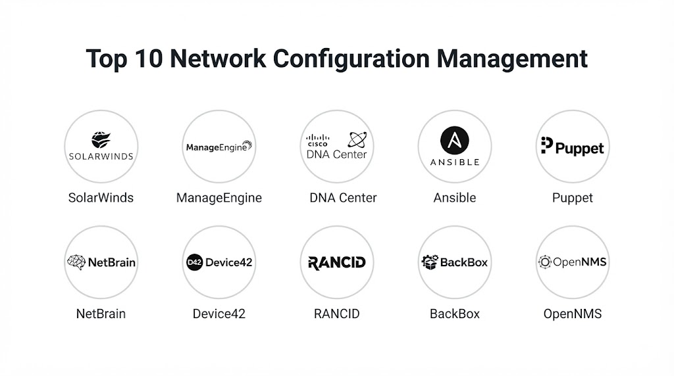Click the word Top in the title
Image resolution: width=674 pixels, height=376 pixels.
(x=107, y=59)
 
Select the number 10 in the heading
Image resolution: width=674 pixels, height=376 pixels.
(x=148, y=59)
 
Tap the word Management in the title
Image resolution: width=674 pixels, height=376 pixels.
(x=511, y=59)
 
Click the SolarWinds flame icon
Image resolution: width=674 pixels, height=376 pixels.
(x=101, y=140)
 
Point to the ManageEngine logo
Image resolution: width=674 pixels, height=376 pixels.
(x=219, y=147)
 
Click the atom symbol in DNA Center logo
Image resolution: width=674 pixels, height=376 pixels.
(x=357, y=139)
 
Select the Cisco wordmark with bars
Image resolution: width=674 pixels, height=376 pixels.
(x=318, y=141)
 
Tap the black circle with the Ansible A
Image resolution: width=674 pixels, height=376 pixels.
(x=455, y=141)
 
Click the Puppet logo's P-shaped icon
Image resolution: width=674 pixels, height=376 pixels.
(x=547, y=145)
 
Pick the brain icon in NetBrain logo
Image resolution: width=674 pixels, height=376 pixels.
(x=76, y=262)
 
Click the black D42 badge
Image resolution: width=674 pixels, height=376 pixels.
(x=194, y=262)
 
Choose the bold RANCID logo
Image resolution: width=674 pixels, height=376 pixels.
(x=337, y=263)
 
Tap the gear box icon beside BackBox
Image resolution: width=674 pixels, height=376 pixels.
(x=430, y=262)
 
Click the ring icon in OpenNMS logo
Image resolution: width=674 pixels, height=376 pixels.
(x=544, y=262)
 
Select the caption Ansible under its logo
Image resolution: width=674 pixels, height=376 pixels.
(x=455, y=197)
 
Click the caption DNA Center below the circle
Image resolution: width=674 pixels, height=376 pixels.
(x=343, y=197)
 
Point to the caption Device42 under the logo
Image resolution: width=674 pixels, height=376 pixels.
(x=219, y=314)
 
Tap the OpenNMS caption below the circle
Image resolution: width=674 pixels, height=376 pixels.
(x=573, y=314)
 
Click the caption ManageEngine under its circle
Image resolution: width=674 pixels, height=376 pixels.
(x=219, y=198)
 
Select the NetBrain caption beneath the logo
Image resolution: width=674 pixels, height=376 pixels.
(x=101, y=314)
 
